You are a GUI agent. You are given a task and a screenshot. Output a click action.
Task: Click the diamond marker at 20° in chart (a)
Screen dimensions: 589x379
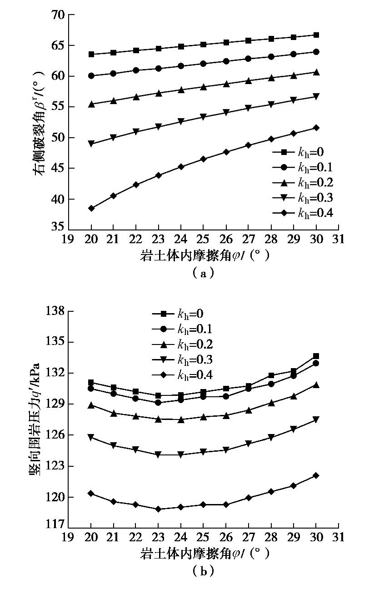pos(91,208)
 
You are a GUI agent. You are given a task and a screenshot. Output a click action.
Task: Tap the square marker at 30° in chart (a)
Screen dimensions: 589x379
pos(316,35)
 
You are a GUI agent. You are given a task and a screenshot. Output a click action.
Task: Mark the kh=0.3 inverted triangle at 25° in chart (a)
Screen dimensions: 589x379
pos(204,117)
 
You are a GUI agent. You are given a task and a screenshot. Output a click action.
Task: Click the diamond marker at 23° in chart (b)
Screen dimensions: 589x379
pos(159,509)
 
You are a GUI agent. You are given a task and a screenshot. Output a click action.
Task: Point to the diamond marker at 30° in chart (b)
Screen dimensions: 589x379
pos(316,475)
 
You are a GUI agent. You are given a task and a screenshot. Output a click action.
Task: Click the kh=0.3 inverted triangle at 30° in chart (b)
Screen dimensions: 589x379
pos(316,420)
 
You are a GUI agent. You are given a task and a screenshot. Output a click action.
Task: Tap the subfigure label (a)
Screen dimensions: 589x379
pos(203,273)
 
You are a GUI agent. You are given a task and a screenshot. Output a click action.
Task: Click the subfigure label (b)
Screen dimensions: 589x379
pos(203,571)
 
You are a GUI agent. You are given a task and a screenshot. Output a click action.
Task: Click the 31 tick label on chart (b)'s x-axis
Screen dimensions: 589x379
pos(338,537)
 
